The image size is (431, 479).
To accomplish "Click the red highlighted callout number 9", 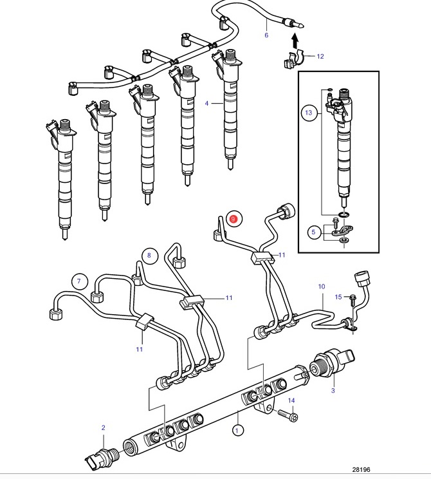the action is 234,219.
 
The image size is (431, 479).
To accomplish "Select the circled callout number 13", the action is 309,113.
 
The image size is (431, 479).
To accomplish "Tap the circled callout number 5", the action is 313,232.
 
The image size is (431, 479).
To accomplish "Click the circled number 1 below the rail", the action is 238,431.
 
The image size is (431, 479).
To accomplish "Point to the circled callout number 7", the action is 79,281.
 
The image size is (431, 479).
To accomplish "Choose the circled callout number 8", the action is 149,256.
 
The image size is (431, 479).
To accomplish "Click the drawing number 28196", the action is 361,469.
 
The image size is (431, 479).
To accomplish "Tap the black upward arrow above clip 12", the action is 295,41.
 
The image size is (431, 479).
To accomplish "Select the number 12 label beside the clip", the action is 320,56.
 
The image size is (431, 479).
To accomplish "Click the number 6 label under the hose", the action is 266,35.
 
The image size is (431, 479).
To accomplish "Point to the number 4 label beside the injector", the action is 206,104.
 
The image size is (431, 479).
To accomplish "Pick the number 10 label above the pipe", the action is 322,286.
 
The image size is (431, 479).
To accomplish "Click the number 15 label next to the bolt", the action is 338,297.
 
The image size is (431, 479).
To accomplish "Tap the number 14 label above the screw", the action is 291,400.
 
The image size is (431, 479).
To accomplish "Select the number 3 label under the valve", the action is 333,390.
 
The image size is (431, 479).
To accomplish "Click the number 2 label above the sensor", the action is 103,427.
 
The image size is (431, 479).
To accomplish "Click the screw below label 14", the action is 288,416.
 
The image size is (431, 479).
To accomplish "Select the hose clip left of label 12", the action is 295,60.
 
